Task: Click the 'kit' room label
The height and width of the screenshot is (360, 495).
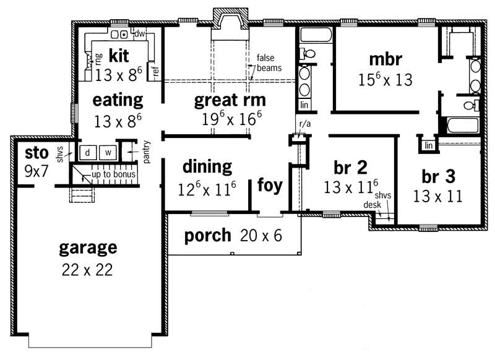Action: (119, 56)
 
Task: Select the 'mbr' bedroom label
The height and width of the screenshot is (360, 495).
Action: (385, 59)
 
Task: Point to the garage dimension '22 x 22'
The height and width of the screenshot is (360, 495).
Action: (87, 270)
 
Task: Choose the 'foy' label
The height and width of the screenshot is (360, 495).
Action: (270, 186)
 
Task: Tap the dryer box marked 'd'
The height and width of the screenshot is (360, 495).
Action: (88, 152)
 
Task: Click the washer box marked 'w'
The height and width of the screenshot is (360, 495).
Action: (107, 152)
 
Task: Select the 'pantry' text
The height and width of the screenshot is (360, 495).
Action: (147, 152)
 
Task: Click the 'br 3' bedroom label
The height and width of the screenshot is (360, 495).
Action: (438, 176)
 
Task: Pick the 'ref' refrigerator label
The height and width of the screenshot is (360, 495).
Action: (156, 71)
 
